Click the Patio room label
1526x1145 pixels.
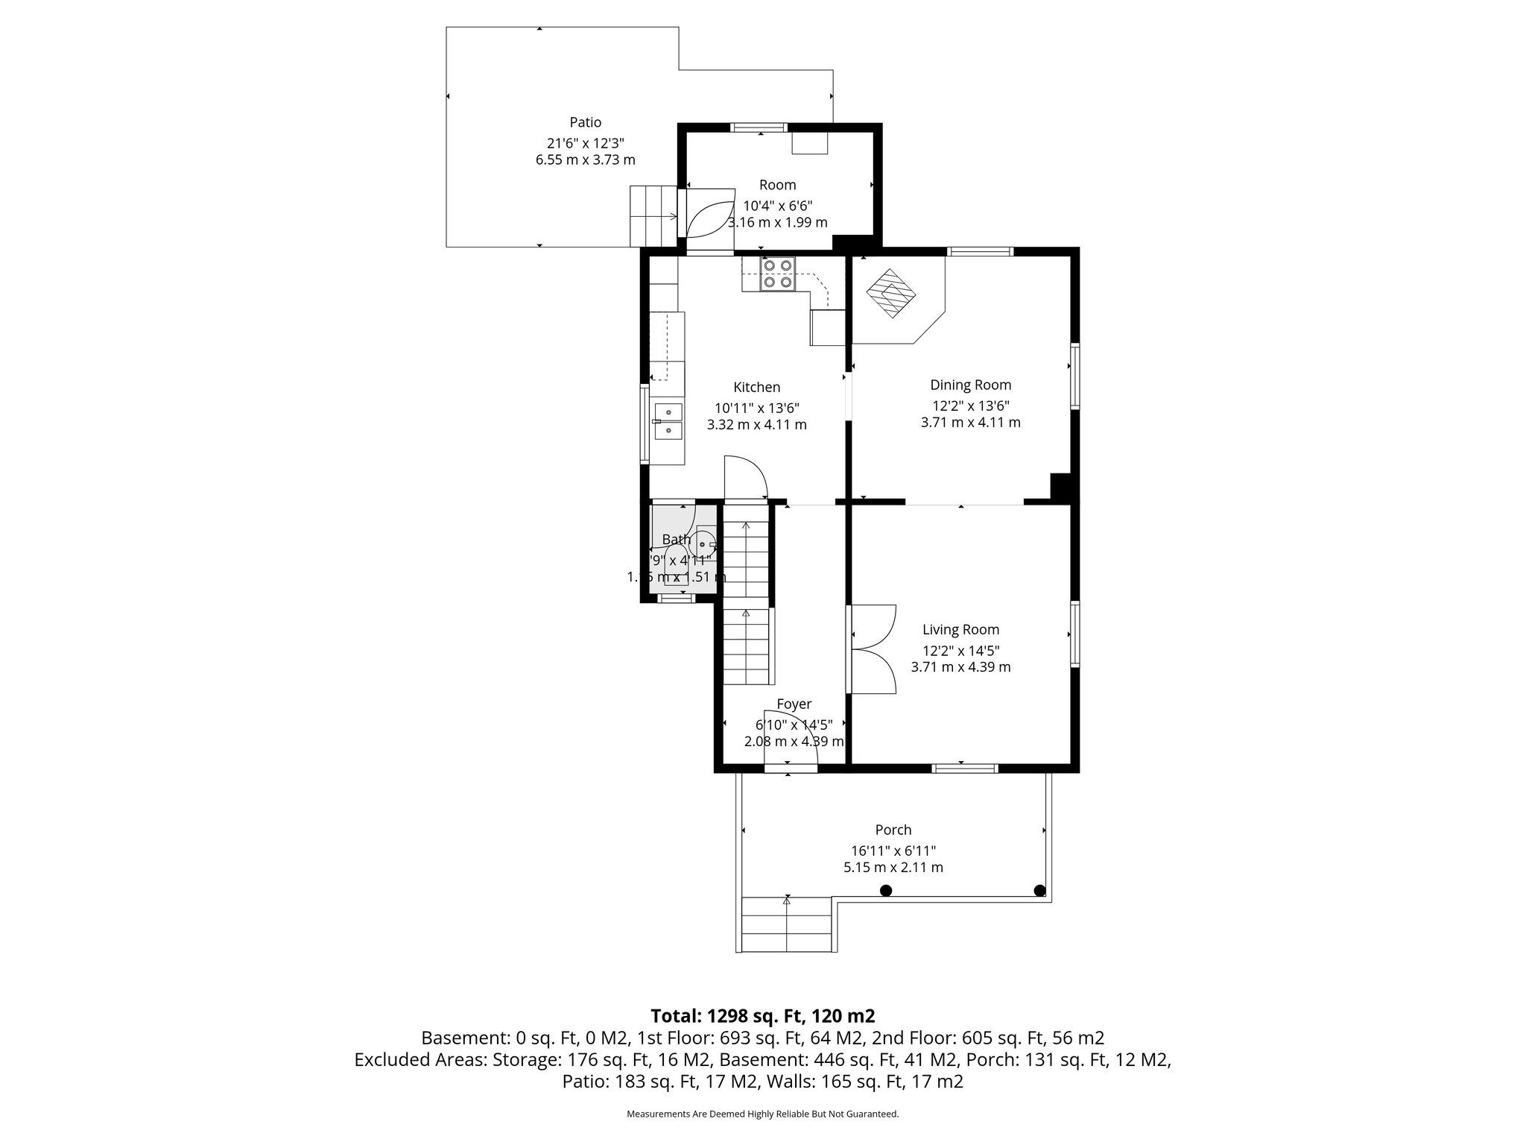pos(585,122)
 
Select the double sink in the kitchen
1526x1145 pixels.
pos(147,421)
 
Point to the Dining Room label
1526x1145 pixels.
pos(970,385)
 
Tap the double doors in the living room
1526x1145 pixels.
pos(873,649)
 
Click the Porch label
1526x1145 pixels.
pos(893,830)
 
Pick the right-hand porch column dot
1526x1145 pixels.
pos(1039,890)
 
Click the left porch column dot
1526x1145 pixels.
pos(885,890)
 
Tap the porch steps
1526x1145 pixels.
pos(787,924)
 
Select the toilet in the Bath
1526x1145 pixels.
pos(677,564)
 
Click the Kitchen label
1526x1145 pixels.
pos(756,388)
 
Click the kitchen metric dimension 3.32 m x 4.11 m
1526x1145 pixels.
pos(756,425)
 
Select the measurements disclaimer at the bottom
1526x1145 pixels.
pos(762,1114)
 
